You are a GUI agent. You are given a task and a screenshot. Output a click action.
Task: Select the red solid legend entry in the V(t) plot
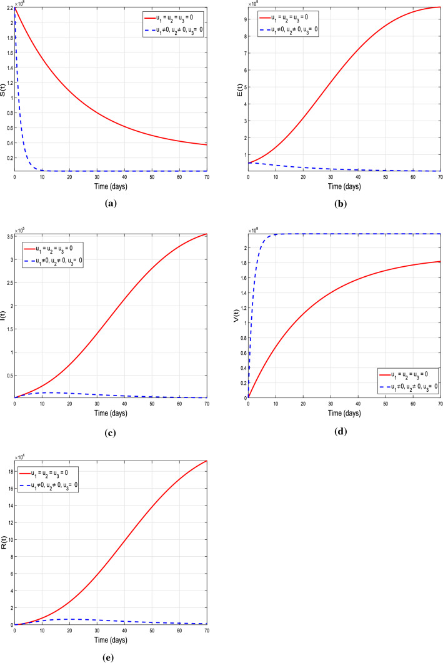pos(407,375)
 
